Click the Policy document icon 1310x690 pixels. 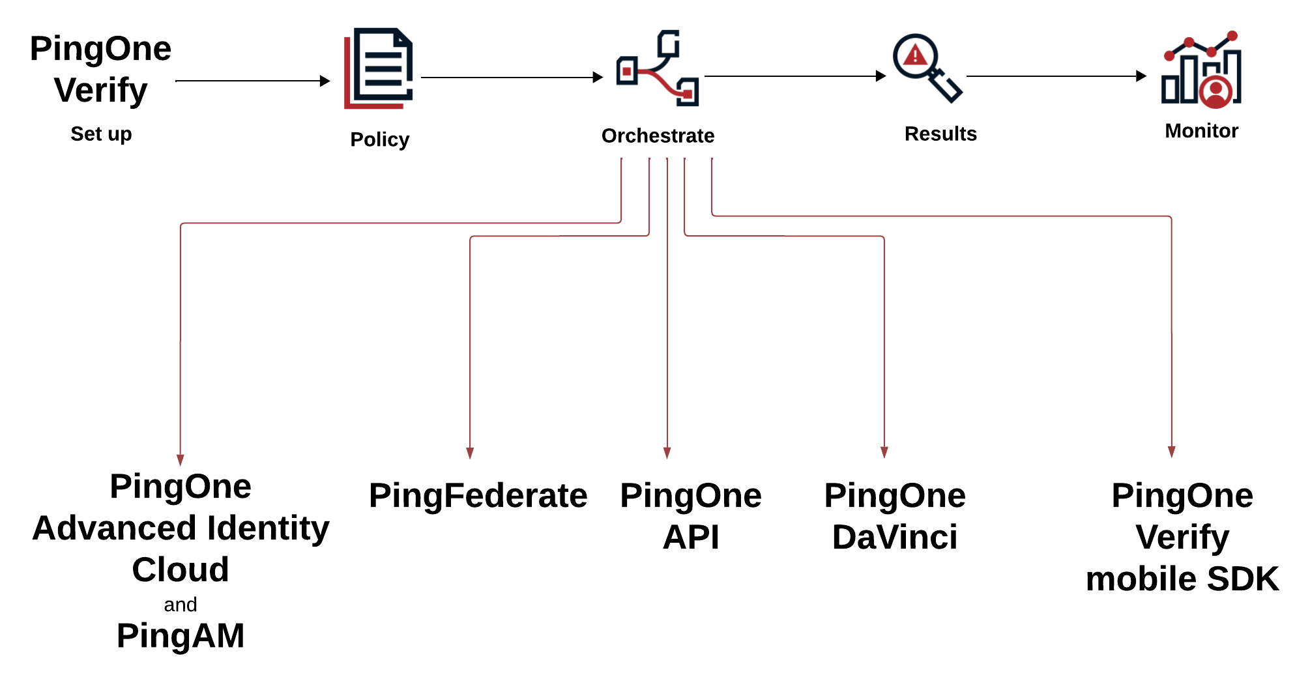point(379,68)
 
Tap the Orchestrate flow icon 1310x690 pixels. point(658,68)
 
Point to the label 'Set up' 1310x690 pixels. point(101,134)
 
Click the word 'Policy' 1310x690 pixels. point(379,139)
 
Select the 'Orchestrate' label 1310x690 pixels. point(658,136)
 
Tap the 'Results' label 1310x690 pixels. point(940,134)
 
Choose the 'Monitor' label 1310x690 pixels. point(1201,131)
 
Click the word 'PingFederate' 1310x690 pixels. point(478,496)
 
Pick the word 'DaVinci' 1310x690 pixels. point(895,538)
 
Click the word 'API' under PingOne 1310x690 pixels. point(691,538)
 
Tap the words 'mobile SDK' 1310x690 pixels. point(1182,579)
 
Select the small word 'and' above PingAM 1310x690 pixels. point(181,605)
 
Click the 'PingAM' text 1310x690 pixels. point(181,636)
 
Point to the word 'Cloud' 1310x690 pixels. point(181,570)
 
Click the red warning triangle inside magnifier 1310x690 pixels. point(915,55)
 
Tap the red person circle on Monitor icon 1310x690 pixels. point(1215,92)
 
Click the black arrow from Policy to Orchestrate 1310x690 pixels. point(512,78)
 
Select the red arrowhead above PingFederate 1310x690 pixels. point(470,453)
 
